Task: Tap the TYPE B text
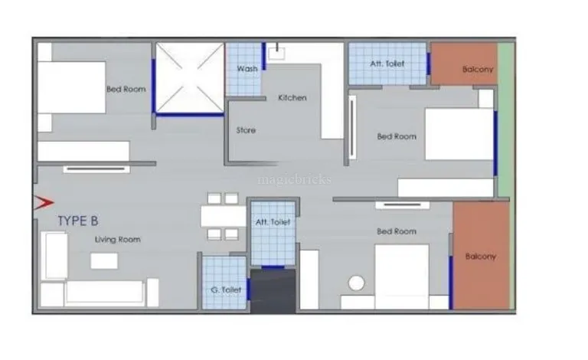78,221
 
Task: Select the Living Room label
118,240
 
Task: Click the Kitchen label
292,98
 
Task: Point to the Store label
246,130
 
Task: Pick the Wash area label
247,69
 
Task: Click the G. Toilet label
226,290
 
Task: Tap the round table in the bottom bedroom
356,283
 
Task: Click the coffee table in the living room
104,260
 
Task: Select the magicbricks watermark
294,180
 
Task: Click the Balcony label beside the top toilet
478,70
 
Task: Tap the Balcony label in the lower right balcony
481,257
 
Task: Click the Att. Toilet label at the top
387,64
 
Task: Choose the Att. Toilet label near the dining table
273,222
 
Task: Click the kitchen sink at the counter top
276,53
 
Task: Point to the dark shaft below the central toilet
273,291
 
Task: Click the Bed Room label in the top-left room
126,90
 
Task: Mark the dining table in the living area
224,216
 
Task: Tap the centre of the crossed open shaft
190,77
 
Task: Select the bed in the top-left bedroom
72,87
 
